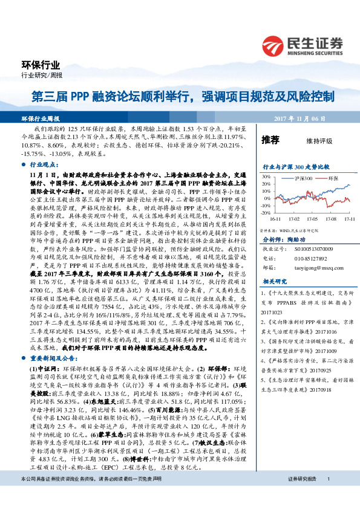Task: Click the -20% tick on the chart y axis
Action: (265, 213)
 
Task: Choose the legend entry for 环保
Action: (330, 180)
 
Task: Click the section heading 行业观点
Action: (42, 164)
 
